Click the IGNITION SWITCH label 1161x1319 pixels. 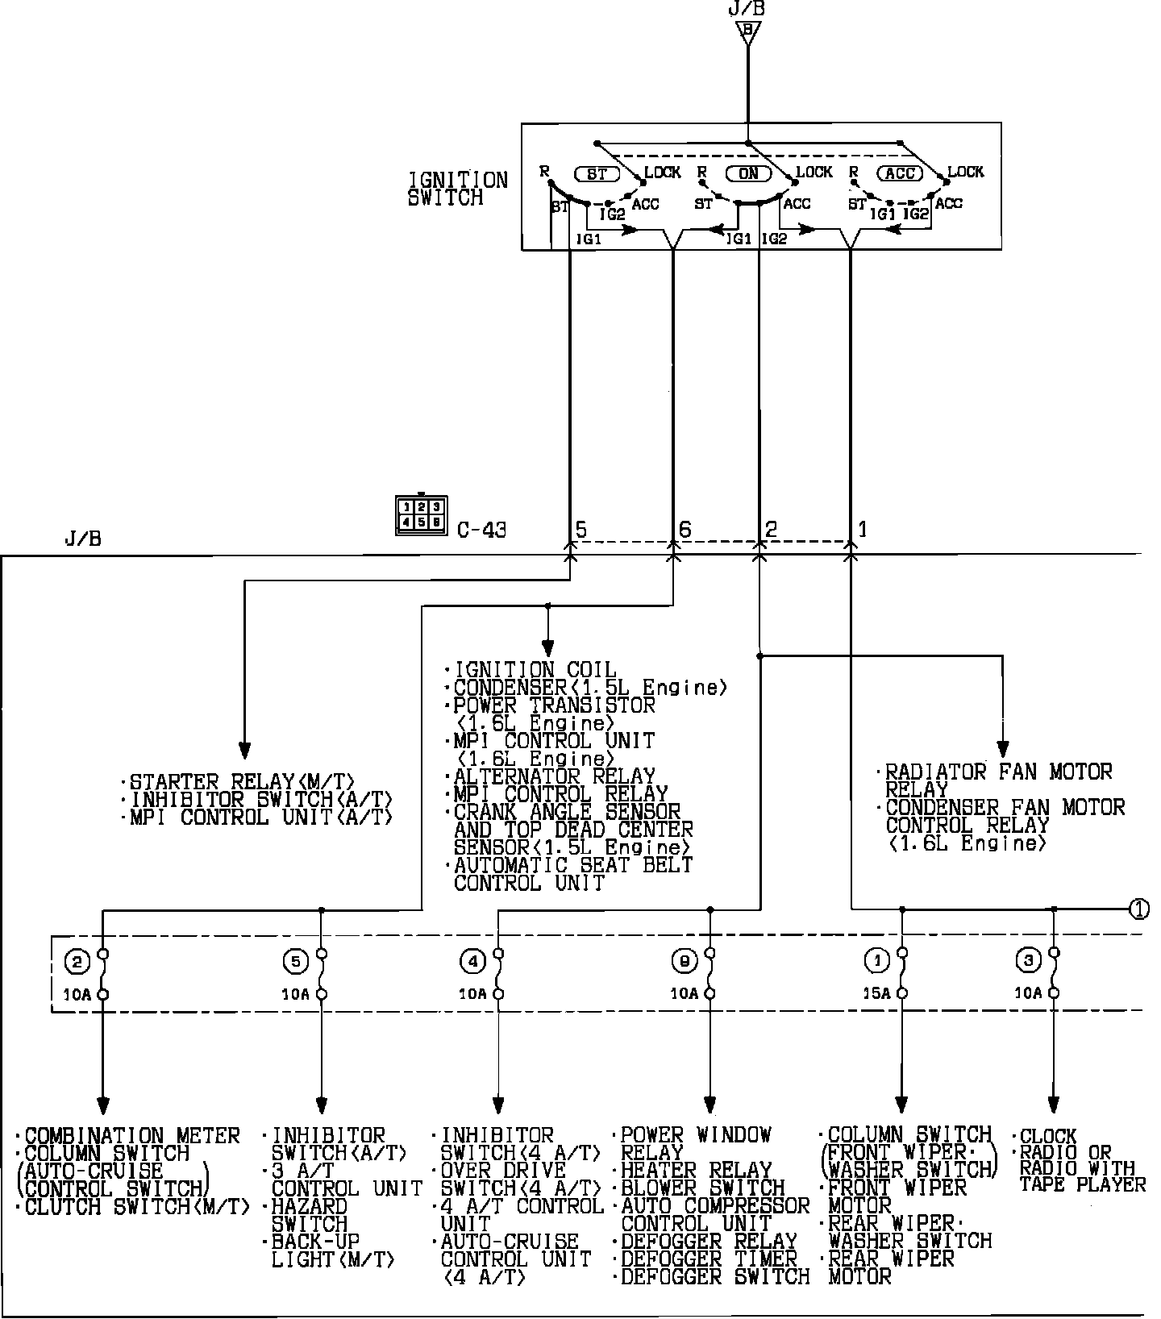pos(458,189)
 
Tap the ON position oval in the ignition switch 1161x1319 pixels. pos(748,173)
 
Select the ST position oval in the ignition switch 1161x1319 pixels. pos(597,173)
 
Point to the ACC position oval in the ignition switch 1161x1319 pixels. pos(899,173)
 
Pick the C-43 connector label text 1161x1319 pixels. pos(481,531)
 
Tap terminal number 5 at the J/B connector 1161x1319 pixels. pos(580,530)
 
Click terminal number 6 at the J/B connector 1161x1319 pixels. pos(685,530)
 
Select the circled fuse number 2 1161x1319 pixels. pos(77,961)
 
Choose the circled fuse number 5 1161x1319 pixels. pos(296,961)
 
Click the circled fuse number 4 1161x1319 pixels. pos(472,961)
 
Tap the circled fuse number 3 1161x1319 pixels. pos(1028,961)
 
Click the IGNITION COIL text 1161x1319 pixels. pos(535,670)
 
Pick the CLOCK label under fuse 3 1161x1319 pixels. pos(1048,1137)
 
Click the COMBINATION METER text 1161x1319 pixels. pos(132,1136)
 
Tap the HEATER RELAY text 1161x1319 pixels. pos(697,1170)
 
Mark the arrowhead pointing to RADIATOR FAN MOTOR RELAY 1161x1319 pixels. pos(1002,747)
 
